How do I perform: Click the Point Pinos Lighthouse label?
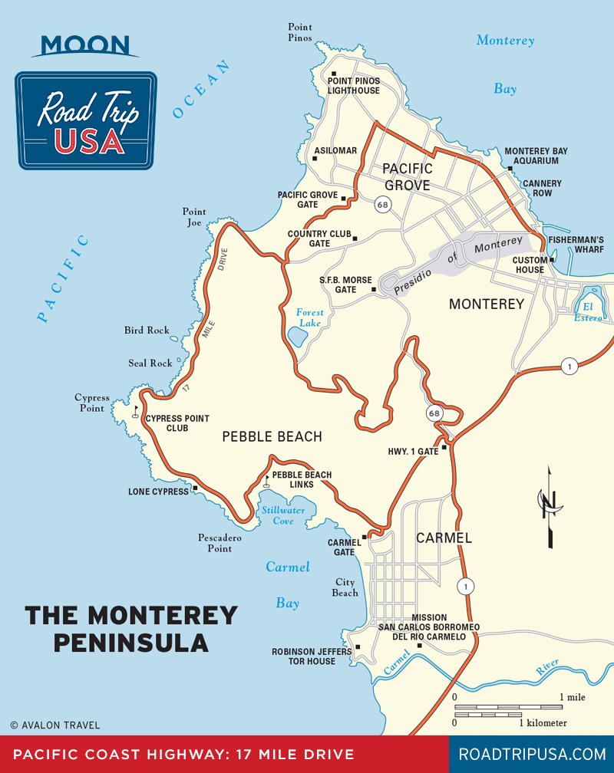[354, 85]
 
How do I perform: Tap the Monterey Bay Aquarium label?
[536, 156]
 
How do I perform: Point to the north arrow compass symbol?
[549, 506]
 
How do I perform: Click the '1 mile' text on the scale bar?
[573, 697]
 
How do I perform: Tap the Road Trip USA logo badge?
[86, 120]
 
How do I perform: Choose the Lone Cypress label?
[158, 492]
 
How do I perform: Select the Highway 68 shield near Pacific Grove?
[381, 205]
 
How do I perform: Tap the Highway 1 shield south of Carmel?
[464, 587]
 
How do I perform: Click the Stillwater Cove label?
[283, 515]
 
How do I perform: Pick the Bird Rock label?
[147, 331]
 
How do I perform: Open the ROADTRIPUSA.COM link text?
[532, 755]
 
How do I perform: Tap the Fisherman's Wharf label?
[576, 245]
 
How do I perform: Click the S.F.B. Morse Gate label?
[346, 285]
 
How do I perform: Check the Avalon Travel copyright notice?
[54, 725]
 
